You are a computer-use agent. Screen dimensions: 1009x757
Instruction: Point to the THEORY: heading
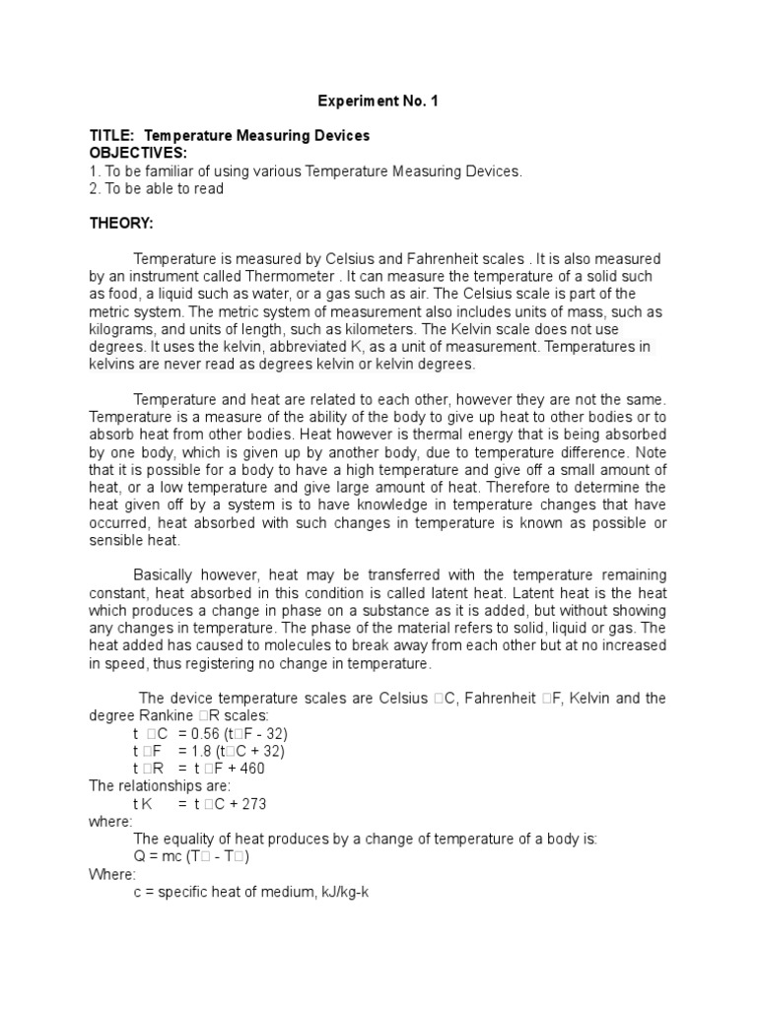pos(121,224)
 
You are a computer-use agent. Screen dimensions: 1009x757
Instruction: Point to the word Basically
pos(169,574)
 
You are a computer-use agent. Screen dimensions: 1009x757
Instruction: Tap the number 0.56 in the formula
pos(220,734)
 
